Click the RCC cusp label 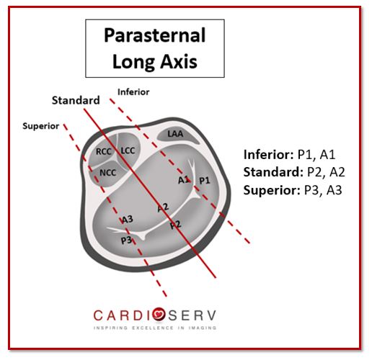point(104,151)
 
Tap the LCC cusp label point(128,150)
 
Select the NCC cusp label point(108,173)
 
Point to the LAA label point(175,134)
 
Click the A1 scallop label point(184,179)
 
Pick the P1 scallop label point(205,181)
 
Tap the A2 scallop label point(163,207)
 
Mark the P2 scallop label point(175,225)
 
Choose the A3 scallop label point(127,220)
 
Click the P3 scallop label point(126,240)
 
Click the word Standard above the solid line point(76,100)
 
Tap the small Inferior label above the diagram point(133,92)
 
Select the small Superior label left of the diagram point(41,126)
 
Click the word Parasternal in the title point(155,35)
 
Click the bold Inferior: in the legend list point(269,155)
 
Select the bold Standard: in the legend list point(273,172)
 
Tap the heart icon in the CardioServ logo point(159,315)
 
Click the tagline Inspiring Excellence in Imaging point(155,328)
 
